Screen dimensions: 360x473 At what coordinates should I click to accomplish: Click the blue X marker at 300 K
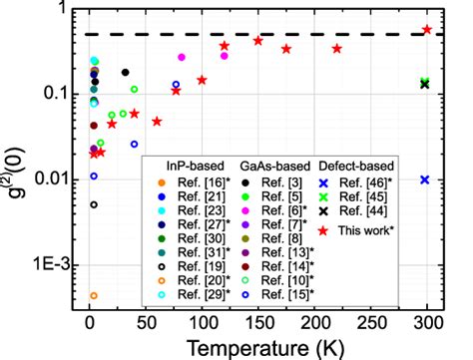click(425, 180)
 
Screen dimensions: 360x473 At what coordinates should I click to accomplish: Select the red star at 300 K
click(427, 30)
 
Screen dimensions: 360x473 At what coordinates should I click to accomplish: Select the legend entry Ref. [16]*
click(180, 182)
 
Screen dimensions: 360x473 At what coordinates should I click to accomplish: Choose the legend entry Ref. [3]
click(271, 182)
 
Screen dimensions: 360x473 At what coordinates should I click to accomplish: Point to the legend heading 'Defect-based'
click(359, 165)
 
